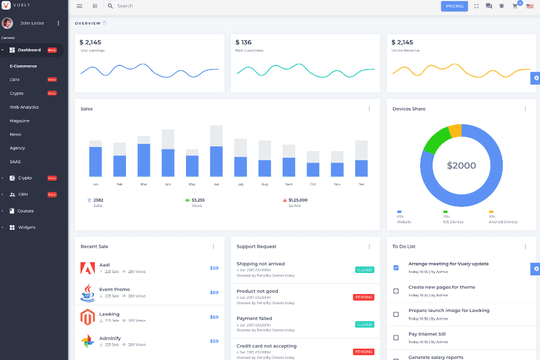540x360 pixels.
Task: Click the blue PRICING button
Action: click(x=454, y=6)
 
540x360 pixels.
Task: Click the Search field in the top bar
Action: click(x=138, y=6)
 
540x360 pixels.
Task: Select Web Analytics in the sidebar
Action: click(x=24, y=107)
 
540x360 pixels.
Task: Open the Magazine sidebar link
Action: click(x=19, y=121)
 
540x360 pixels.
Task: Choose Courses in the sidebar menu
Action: click(x=25, y=211)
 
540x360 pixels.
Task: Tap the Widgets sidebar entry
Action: click(x=26, y=227)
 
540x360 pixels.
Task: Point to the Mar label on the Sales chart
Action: click(x=143, y=184)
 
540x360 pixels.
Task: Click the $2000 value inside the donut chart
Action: click(x=461, y=166)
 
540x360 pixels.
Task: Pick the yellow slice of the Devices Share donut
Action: click(x=455, y=131)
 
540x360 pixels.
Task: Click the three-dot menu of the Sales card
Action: click(x=369, y=109)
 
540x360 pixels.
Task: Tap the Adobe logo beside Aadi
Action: click(x=88, y=268)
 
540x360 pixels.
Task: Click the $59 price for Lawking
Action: click(x=214, y=317)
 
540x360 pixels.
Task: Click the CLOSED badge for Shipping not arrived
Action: click(x=364, y=270)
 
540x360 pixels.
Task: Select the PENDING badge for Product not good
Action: click(x=363, y=297)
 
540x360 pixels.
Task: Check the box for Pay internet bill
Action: click(x=396, y=337)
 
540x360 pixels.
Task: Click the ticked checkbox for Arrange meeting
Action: click(x=396, y=268)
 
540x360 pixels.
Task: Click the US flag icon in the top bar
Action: click(x=530, y=6)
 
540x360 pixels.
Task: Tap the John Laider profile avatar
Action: click(x=7, y=23)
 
